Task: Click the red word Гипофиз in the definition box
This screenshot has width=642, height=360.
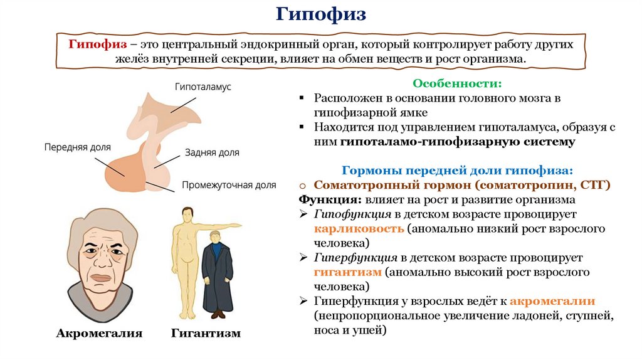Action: (x=99, y=45)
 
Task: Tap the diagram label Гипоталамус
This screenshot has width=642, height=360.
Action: (x=203, y=87)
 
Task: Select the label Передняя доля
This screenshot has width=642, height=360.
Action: (x=77, y=147)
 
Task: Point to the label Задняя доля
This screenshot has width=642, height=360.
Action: (x=212, y=152)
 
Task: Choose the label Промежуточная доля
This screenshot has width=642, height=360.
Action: (x=229, y=185)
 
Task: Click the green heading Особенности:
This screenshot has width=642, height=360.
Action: (x=456, y=83)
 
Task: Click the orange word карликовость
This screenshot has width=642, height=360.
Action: (x=359, y=228)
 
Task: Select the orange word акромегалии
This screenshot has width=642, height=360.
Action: (x=552, y=300)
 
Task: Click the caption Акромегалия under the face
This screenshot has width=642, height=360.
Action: (x=99, y=333)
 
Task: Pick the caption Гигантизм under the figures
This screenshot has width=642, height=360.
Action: (x=205, y=333)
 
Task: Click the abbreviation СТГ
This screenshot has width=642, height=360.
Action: (x=592, y=186)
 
